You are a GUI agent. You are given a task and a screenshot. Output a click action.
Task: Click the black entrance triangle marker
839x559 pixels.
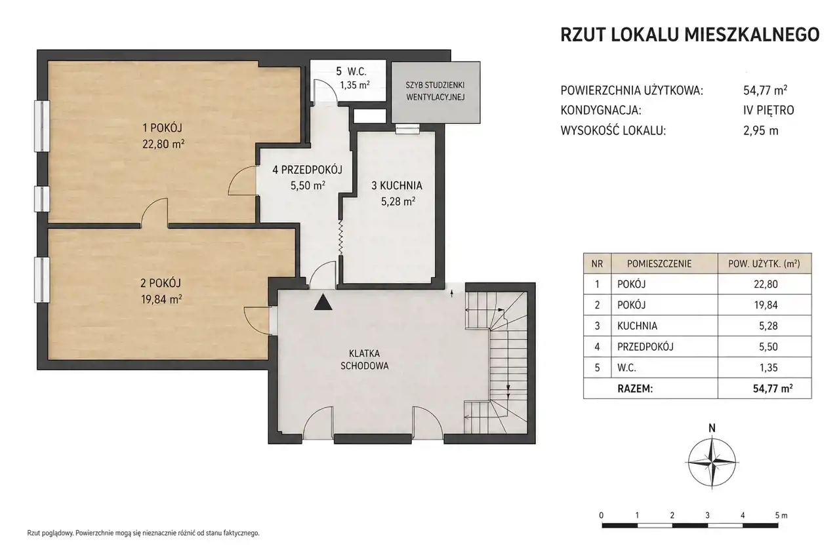(323, 302)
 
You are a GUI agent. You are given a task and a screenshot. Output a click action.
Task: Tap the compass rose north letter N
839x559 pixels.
(712, 428)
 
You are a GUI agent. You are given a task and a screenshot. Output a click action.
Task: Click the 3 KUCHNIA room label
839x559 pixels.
(397, 185)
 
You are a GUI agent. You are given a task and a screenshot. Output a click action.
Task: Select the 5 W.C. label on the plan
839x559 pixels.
(351, 71)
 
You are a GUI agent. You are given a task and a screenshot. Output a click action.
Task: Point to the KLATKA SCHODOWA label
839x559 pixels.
(365, 360)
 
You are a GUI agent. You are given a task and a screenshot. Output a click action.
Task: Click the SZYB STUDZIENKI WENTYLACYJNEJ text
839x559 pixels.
(436, 91)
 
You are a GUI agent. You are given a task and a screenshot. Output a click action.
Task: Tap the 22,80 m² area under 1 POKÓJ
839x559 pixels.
(163, 144)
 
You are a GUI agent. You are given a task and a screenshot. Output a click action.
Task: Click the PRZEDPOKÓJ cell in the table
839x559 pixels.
(645, 347)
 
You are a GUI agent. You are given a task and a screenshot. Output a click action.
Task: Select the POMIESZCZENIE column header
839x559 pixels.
(659, 264)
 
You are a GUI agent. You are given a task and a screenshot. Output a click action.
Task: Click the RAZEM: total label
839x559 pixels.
(635, 389)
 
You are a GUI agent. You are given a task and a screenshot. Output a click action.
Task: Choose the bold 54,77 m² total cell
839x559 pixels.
(773, 389)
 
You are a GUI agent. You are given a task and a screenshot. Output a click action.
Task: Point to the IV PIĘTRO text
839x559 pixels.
(769, 110)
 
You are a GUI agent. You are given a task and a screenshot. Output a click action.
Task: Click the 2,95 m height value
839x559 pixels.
(761, 131)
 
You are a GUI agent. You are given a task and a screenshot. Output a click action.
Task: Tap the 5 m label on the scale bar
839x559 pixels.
(781, 516)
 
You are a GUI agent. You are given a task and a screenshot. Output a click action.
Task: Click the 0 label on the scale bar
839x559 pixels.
(602, 516)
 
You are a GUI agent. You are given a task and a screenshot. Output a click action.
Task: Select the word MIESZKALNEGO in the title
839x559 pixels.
(752, 35)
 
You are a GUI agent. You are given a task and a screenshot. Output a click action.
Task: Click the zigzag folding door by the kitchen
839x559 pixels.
(341, 237)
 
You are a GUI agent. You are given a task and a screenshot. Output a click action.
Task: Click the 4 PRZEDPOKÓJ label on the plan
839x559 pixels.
(307, 170)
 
